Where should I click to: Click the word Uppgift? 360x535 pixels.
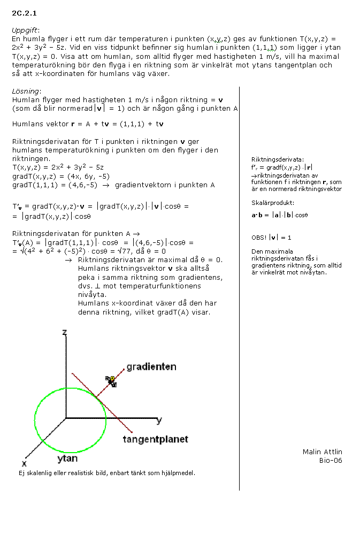(25, 30)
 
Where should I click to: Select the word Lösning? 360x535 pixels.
(25, 91)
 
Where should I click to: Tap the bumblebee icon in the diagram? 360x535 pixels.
(112, 380)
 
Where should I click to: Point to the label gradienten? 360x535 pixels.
(151, 367)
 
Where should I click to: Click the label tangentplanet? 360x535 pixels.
(155, 439)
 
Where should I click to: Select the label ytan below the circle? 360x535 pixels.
(67, 458)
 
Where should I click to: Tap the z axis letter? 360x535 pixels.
(64, 333)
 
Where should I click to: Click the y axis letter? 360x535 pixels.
(159, 421)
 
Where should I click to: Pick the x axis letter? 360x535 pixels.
(24, 462)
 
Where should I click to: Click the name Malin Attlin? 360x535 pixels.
(322, 452)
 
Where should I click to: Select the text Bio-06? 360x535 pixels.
(330, 460)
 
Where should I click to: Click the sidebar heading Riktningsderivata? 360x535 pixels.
(277, 159)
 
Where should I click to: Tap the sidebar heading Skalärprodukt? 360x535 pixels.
(272, 203)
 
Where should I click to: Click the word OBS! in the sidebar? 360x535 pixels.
(259, 238)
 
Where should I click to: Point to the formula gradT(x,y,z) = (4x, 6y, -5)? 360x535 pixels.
(60, 176)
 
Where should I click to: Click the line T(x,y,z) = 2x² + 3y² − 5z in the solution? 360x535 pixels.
(50, 167)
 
